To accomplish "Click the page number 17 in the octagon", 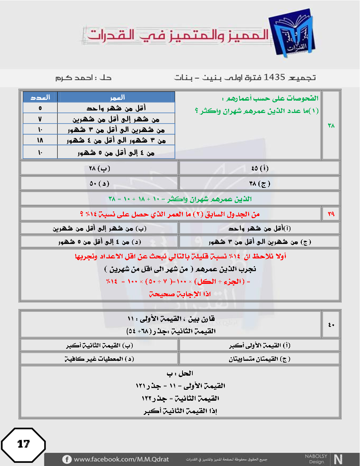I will pyautogui.click(x=24, y=444).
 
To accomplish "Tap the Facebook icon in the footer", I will pyautogui.click(x=67, y=459).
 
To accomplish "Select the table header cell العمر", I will pyautogui.click(x=117, y=97).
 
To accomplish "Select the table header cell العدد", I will pyautogui.click(x=40, y=97).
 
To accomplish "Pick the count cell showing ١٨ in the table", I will pyautogui.click(x=40, y=141).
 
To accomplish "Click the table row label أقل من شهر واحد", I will pyautogui.click(x=116, y=108).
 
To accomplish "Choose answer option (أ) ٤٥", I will pyautogui.click(x=260, y=168).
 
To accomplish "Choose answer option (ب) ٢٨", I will pyautogui.click(x=100, y=168).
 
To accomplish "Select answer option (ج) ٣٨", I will pyautogui.click(x=260, y=184).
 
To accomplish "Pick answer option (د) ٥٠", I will pyautogui.click(x=100, y=184).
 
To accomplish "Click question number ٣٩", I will pyautogui.click(x=331, y=214).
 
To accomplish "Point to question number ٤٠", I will pyautogui.click(x=331, y=325).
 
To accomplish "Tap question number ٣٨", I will pyautogui.click(x=331, y=125).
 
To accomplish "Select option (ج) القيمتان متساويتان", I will pyautogui.click(x=260, y=359).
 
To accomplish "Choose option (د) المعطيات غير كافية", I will pyautogui.click(x=100, y=359).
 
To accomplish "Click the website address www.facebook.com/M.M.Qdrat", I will pyautogui.click(x=121, y=459).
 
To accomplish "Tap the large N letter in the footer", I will pyautogui.click(x=338, y=459).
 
